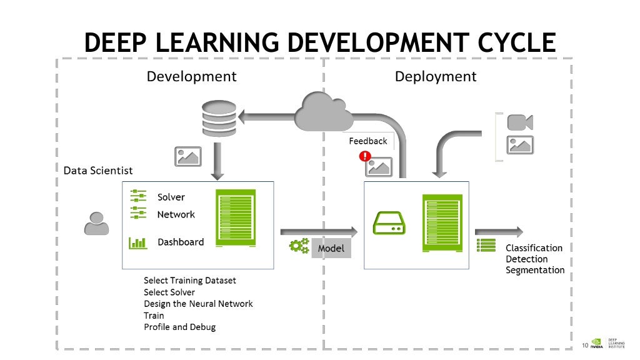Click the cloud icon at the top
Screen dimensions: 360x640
(x=324, y=111)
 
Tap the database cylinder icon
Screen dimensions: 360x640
(x=219, y=118)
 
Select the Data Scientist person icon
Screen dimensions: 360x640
(x=96, y=223)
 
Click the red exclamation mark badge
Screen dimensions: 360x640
(x=365, y=156)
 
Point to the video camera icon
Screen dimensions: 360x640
(x=519, y=122)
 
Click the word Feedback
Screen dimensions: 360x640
(x=367, y=141)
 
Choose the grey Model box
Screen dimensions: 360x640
(x=331, y=248)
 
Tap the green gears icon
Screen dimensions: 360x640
(x=299, y=246)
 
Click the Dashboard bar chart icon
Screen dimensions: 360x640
(x=137, y=242)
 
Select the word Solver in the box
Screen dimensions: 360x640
(x=171, y=197)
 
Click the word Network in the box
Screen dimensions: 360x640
(x=176, y=214)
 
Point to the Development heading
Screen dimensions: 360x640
(x=191, y=76)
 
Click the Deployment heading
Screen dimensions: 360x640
(x=435, y=76)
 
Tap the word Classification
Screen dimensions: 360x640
(x=534, y=247)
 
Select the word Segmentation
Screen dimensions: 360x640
(x=534, y=270)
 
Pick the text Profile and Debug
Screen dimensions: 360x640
(x=179, y=327)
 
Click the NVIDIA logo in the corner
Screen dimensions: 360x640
(x=596, y=343)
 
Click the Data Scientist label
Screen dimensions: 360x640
(x=98, y=170)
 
